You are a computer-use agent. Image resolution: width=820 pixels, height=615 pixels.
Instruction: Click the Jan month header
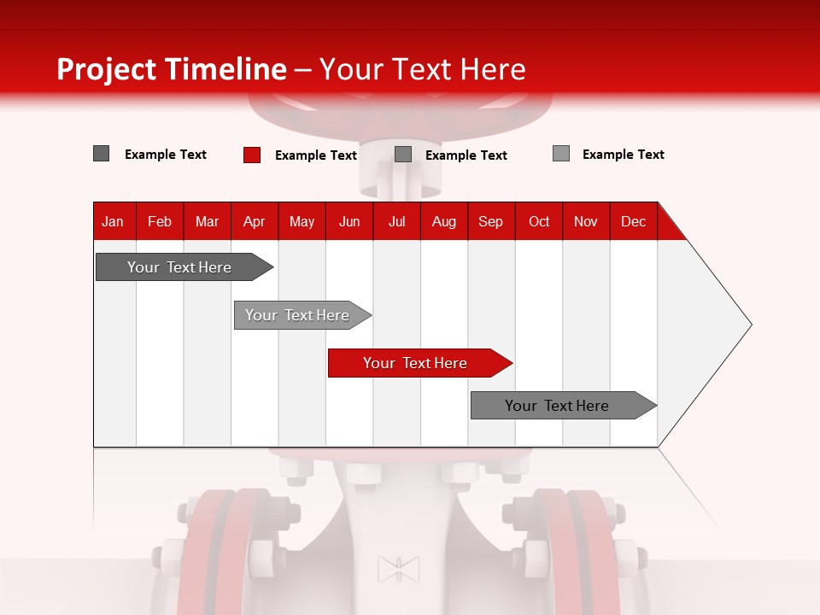pyautogui.click(x=114, y=221)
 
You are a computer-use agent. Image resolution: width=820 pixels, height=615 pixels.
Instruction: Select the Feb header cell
pyautogui.click(x=160, y=221)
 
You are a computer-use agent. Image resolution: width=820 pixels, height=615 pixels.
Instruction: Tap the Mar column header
pyautogui.click(x=207, y=221)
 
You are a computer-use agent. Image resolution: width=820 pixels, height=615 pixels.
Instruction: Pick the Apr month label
pyautogui.click(x=255, y=221)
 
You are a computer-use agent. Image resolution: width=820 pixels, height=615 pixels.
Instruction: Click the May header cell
pyautogui.click(x=302, y=221)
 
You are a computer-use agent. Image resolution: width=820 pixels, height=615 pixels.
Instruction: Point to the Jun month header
pyautogui.click(x=349, y=221)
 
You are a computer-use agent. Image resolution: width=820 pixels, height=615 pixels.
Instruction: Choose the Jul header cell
pyautogui.click(x=396, y=221)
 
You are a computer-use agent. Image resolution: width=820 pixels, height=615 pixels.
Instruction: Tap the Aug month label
pyautogui.click(x=444, y=221)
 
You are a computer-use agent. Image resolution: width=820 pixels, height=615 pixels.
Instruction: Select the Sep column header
pyautogui.click(x=491, y=221)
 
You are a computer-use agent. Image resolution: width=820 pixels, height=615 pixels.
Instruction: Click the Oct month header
pyautogui.click(x=539, y=221)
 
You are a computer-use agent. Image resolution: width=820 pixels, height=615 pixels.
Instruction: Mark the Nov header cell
pyautogui.click(x=586, y=221)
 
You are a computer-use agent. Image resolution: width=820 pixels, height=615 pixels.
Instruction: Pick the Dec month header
pyautogui.click(x=634, y=221)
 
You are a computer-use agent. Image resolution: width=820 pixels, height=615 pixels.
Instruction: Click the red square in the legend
pyautogui.click(x=251, y=155)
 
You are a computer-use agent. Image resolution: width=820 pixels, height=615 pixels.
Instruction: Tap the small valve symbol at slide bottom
pyautogui.click(x=399, y=569)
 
